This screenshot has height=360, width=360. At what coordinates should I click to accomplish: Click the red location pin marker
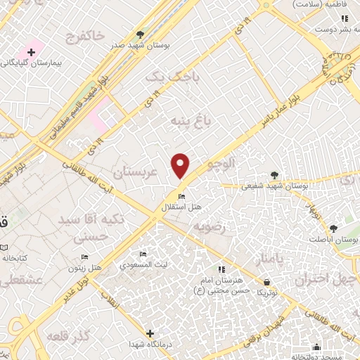click(181, 166)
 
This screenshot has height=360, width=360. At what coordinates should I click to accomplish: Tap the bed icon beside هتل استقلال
click(182, 195)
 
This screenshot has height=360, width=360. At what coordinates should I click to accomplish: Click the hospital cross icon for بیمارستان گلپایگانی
click(31, 52)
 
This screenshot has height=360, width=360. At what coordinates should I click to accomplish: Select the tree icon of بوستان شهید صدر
click(141, 34)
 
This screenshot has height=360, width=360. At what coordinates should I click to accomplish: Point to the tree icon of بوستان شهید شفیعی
click(274, 176)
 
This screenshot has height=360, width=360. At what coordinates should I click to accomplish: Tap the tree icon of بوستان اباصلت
click(333, 228)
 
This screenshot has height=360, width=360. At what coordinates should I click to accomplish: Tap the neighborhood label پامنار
click(269, 261)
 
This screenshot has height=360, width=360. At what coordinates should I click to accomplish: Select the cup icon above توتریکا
click(262, 280)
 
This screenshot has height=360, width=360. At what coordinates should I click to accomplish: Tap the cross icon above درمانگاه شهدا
click(149, 333)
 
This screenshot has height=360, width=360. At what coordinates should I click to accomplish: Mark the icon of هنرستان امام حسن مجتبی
click(221, 269)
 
